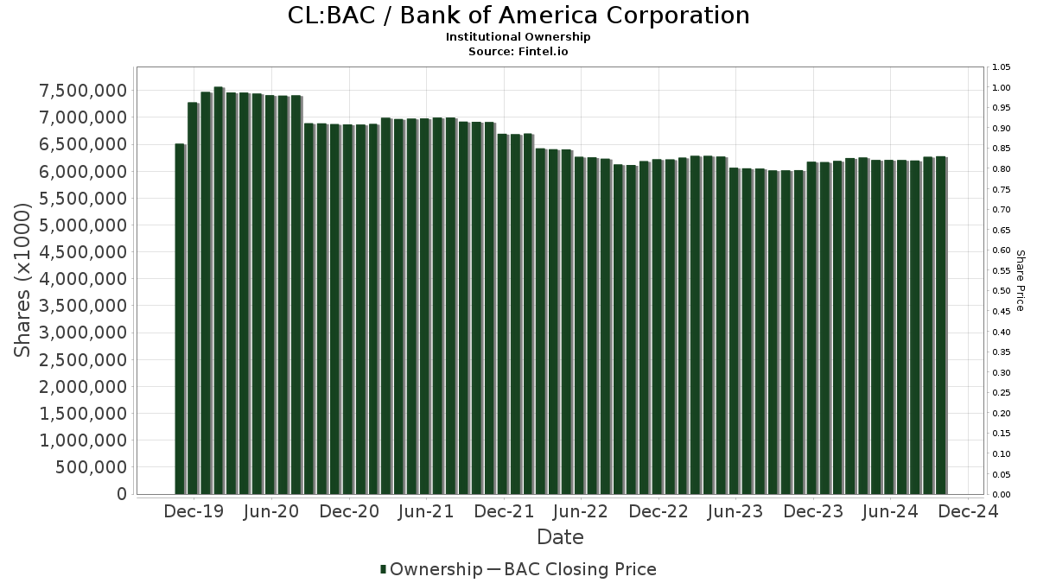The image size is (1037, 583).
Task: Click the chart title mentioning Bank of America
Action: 518,16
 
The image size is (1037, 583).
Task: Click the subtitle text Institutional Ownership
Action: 518,37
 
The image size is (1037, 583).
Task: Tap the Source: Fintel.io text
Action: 518,51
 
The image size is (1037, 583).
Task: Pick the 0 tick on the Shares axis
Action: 122,494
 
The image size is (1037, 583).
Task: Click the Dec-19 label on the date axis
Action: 194,511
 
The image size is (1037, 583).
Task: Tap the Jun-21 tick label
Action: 425,511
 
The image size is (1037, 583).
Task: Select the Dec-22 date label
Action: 658,511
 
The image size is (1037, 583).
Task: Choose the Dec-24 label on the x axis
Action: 967,511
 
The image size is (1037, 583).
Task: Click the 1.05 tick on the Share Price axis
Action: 1002,67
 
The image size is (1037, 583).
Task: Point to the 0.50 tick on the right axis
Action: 1002,291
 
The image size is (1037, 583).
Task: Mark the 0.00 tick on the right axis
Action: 1002,495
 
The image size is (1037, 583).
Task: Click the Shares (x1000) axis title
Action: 23,279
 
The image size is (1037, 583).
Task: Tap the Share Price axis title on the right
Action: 1020,281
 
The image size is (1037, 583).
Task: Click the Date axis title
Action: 560,537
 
